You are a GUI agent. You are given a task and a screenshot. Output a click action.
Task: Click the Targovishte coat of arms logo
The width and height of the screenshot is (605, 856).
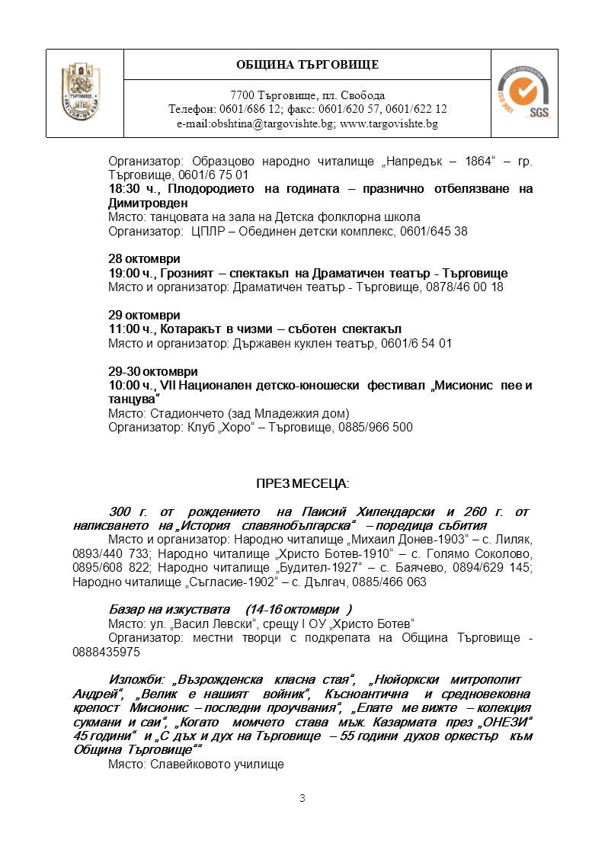(84, 93)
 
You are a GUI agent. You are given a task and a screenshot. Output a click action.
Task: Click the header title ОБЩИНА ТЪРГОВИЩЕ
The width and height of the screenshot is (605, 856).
(307, 64)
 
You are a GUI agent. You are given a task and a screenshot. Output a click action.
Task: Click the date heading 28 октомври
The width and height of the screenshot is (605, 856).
(144, 259)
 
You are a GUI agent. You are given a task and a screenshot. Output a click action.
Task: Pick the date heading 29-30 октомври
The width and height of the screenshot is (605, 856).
(153, 371)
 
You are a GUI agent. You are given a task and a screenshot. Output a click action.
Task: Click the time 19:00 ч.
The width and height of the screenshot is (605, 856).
(133, 273)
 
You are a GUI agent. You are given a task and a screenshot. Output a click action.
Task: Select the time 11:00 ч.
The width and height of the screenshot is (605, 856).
(133, 329)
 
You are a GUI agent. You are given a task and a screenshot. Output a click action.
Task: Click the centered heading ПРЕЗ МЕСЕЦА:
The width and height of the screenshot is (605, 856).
(302, 483)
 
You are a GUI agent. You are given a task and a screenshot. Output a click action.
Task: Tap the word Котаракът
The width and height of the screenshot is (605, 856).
(188, 329)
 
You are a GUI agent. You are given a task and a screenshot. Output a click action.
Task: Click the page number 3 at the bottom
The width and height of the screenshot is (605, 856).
(302, 798)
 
